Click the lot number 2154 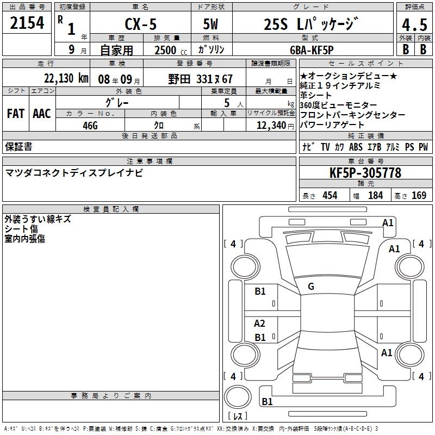(27, 23)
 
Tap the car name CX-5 (141, 24)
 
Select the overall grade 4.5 (414, 24)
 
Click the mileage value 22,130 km (66, 78)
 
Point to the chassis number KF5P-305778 (365, 173)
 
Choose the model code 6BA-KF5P (312, 50)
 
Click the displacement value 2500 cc (171, 50)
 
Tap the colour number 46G (90, 126)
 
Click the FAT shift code (16, 114)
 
